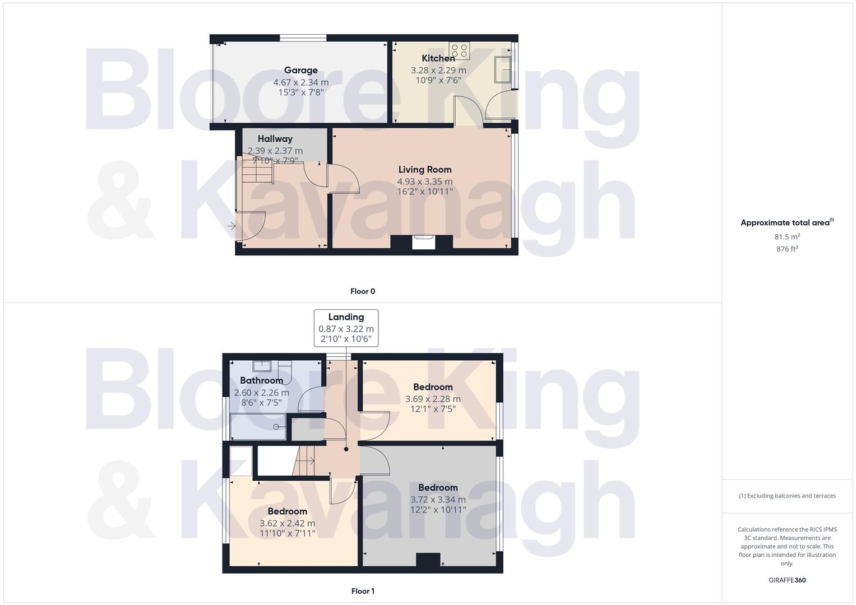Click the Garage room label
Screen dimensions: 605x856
click(301, 71)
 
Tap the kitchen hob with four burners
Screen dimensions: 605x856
click(459, 50)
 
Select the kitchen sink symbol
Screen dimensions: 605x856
click(503, 69)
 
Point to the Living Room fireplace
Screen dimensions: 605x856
click(423, 242)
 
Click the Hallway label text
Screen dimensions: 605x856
click(275, 139)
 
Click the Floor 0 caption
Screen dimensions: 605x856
click(363, 291)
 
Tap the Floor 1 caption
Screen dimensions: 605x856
click(363, 591)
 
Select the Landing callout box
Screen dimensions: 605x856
click(346, 328)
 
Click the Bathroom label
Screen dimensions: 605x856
click(262, 380)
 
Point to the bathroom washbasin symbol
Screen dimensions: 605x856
click(262, 366)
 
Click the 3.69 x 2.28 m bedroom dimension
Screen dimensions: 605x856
click(433, 399)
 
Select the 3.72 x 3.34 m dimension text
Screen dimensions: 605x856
click(438, 500)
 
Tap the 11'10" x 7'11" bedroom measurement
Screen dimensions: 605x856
click(288, 533)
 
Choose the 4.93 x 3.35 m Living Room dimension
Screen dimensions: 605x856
click(425, 182)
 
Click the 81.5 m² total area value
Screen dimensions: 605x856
click(787, 237)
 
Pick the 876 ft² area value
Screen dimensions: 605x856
click(787, 249)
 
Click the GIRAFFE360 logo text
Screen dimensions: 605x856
click(787, 580)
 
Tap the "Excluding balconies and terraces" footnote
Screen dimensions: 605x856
click(787, 496)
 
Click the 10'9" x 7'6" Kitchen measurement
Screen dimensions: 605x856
click(438, 80)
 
